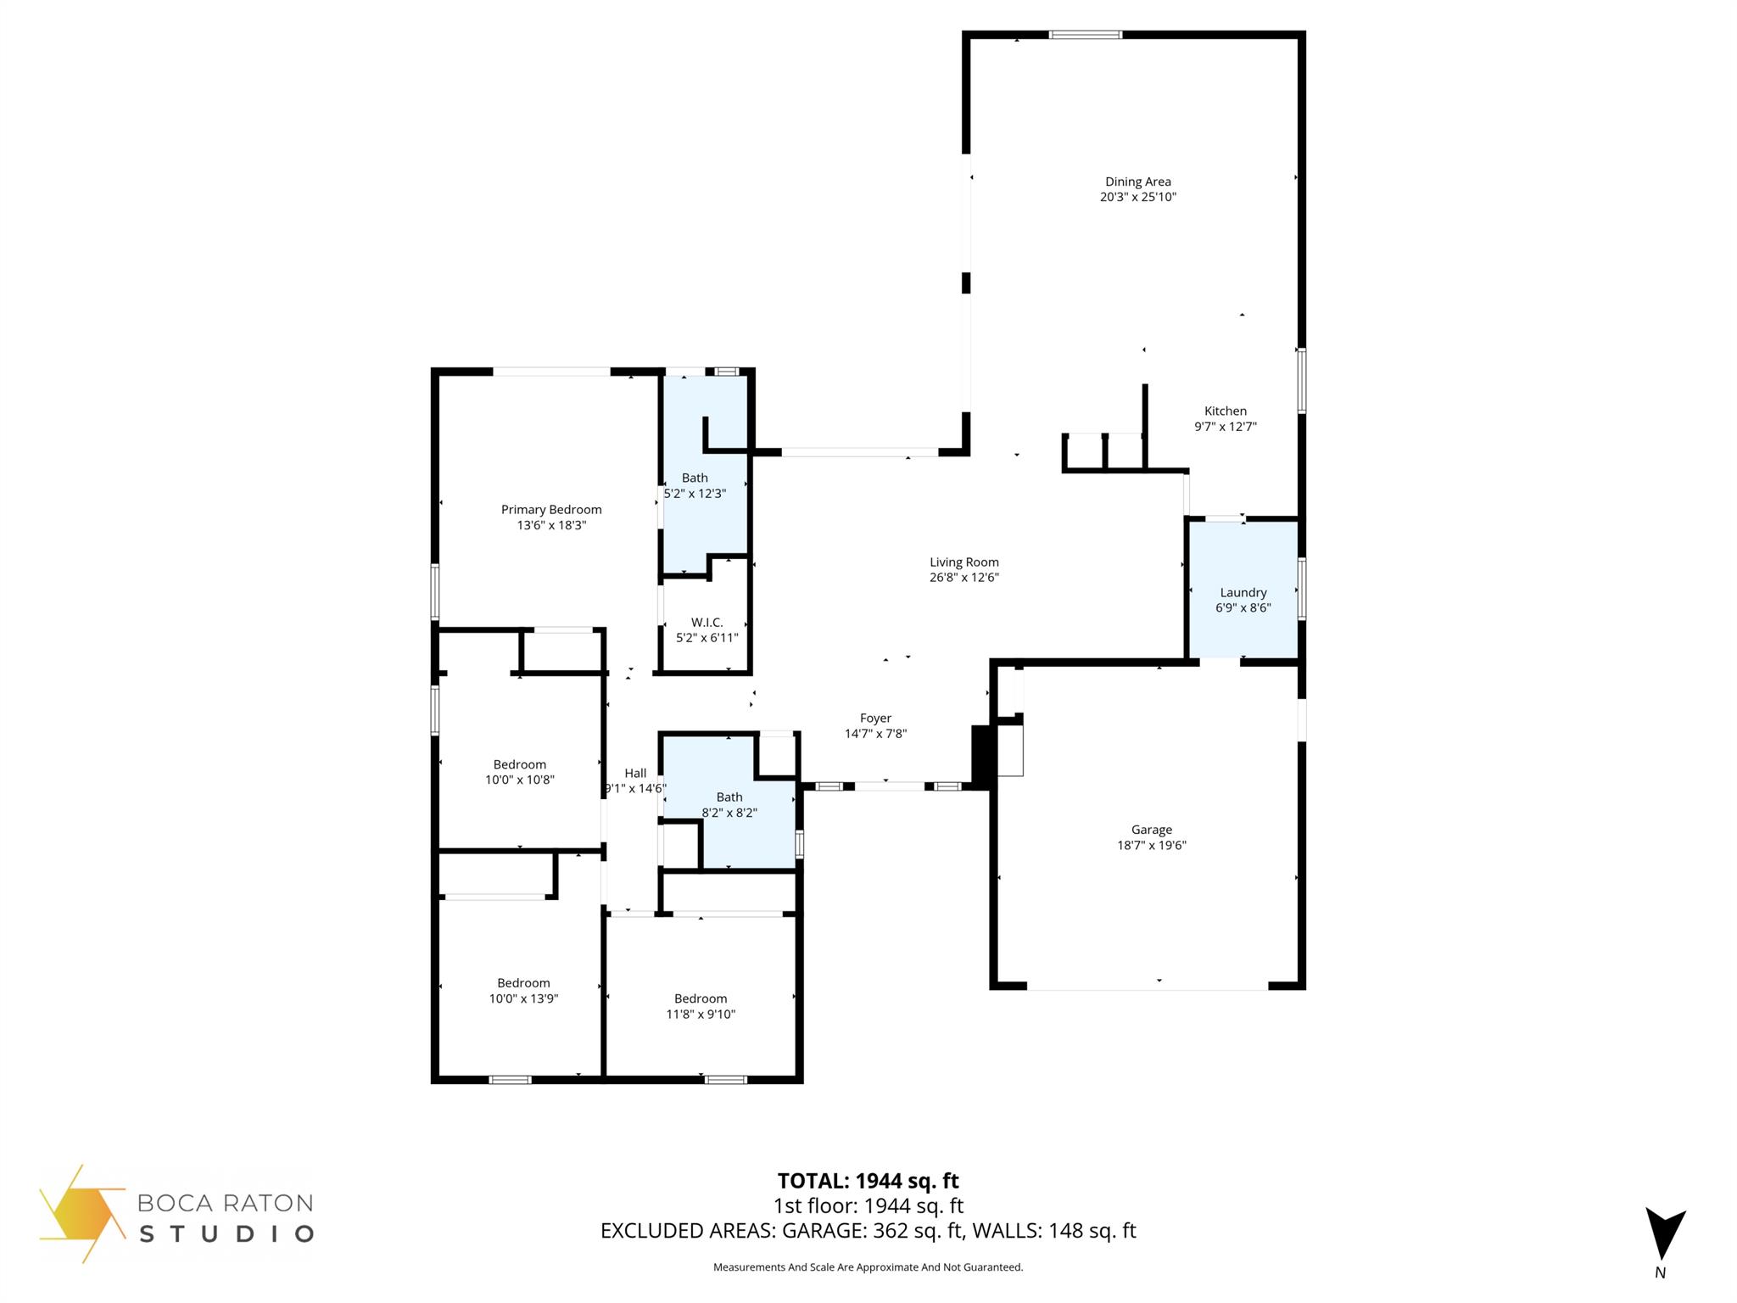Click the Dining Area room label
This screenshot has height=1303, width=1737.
point(1137,182)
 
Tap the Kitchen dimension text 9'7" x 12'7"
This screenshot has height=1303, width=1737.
point(1225,427)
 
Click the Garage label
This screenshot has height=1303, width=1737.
point(1151,830)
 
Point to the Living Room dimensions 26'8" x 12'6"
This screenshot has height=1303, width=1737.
point(963,578)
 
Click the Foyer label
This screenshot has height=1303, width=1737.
point(875,718)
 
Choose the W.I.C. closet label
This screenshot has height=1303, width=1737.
point(707,622)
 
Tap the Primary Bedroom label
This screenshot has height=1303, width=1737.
point(551,509)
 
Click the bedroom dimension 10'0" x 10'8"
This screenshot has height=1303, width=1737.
point(519,780)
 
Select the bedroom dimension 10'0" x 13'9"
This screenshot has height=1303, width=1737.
point(523,998)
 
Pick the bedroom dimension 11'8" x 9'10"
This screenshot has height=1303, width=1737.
point(701,1014)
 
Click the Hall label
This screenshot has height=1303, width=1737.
point(635,773)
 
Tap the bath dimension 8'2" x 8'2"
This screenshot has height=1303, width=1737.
point(729,813)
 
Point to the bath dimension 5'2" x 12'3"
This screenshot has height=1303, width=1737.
point(695,494)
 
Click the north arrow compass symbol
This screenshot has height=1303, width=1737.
point(1664,1234)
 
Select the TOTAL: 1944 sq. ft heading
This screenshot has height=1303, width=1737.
point(868,1181)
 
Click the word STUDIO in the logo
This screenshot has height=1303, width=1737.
point(226,1233)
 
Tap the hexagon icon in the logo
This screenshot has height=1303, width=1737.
point(82,1213)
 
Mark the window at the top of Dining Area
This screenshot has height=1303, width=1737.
point(1085,35)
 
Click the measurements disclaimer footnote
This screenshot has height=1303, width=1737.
point(868,1267)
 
